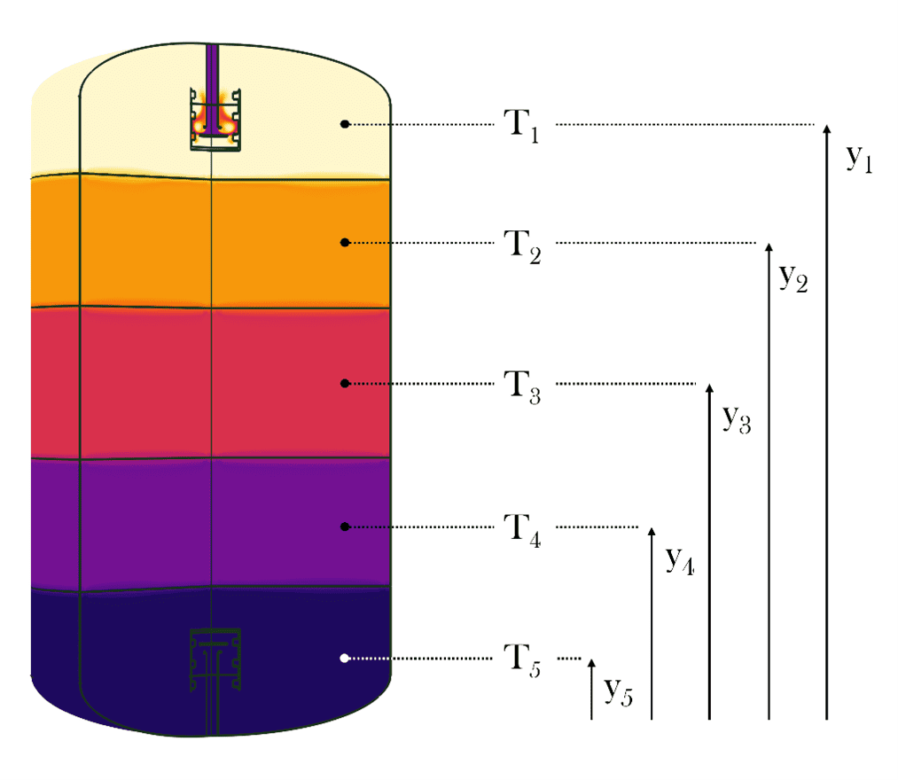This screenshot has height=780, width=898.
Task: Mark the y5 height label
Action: tap(619, 690)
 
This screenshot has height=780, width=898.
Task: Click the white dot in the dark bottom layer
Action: tap(345, 658)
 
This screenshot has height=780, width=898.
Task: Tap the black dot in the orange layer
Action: tap(345, 242)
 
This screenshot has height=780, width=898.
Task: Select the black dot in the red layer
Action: tap(345, 384)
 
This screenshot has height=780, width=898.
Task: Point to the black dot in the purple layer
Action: tap(345, 526)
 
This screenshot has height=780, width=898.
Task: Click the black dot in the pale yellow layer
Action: tap(345, 124)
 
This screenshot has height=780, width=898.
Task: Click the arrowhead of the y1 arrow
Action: tap(826, 129)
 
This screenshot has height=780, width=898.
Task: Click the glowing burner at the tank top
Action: tap(214, 120)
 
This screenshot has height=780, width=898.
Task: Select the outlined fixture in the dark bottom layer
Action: tap(214, 660)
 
